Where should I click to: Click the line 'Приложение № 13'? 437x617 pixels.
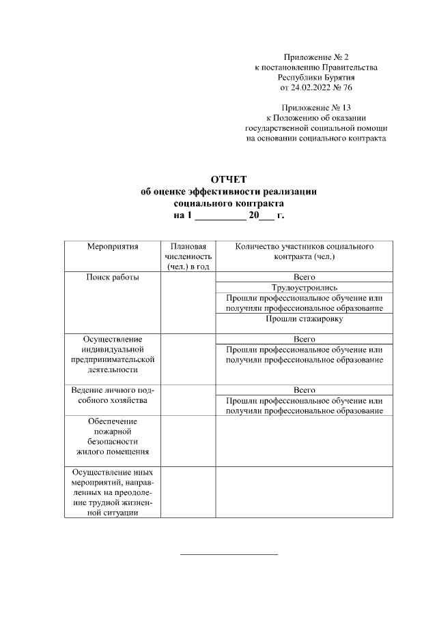(x=315, y=108)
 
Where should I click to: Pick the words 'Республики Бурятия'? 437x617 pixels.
(x=315, y=78)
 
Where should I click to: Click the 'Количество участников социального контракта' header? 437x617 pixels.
(x=304, y=252)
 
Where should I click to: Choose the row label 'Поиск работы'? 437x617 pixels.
(x=113, y=277)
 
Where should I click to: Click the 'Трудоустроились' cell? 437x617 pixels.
(x=304, y=288)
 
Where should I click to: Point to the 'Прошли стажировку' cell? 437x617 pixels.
(x=304, y=318)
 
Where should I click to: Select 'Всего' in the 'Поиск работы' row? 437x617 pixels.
(x=304, y=277)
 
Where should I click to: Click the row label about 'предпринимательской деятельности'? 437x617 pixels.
(x=113, y=354)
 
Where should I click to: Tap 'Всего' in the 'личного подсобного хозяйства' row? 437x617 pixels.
(x=304, y=390)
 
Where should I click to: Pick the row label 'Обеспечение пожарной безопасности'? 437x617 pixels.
(x=113, y=436)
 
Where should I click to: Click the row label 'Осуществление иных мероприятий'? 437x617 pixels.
(x=113, y=492)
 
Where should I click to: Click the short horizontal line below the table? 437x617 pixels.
(x=229, y=554)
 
